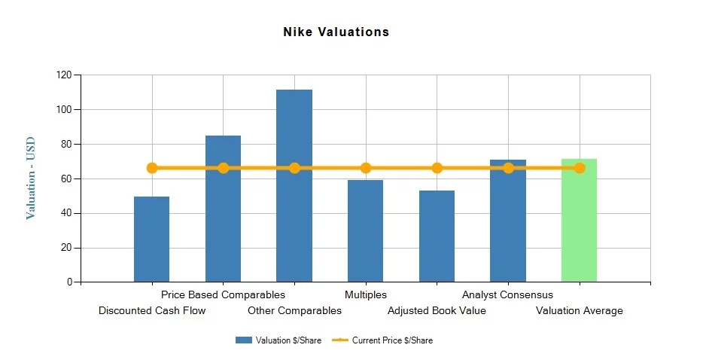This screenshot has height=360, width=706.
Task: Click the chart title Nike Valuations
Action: point(336,32)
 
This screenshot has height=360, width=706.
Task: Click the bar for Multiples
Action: point(365,230)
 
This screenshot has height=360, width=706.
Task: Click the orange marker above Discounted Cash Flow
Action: point(152,168)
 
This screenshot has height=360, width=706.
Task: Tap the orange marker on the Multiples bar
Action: point(366,168)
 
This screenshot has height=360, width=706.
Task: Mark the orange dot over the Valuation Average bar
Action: point(580,168)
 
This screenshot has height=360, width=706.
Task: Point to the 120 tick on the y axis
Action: point(64,75)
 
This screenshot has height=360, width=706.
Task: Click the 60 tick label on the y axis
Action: point(66,178)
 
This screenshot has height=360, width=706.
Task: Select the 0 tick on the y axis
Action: point(69,282)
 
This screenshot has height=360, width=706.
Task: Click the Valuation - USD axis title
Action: point(31,178)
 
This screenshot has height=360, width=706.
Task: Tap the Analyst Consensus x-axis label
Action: point(507,295)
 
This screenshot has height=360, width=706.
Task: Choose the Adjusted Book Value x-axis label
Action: point(437,310)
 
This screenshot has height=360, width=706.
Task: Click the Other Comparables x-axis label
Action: point(294,310)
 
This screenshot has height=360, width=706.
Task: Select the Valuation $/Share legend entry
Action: point(278,340)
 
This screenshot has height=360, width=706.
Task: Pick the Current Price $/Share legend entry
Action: point(383,340)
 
